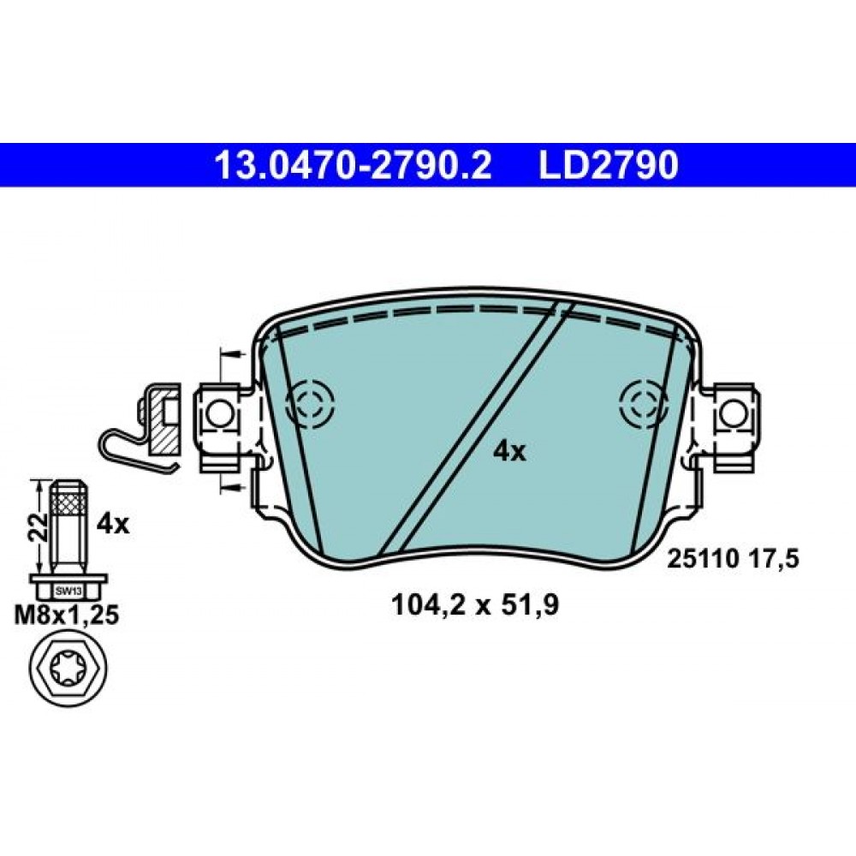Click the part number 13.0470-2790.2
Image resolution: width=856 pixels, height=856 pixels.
click(354, 165)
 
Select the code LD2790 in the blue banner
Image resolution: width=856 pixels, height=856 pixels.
click(609, 165)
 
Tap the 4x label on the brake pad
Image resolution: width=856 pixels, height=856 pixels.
click(509, 451)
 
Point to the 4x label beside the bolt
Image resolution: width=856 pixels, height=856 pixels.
click(113, 525)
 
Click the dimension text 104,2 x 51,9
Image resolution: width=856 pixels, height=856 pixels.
click(475, 605)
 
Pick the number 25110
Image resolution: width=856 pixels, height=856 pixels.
click(703, 559)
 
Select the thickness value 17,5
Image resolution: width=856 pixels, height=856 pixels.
click(776, 559)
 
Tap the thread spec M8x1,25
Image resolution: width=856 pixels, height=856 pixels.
click(67, 615)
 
